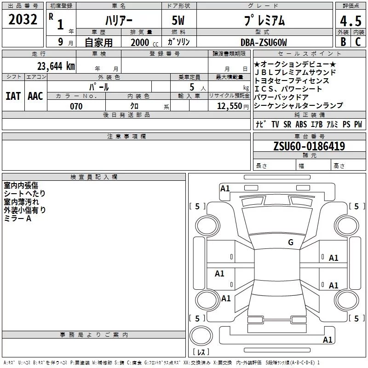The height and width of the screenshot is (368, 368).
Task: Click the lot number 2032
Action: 23,19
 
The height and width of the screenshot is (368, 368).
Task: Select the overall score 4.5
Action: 351,21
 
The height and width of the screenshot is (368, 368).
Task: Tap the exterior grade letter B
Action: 343,42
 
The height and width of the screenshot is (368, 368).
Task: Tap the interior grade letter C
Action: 358,42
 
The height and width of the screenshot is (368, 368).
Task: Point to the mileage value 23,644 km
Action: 56,66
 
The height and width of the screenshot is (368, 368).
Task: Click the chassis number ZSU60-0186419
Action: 309,146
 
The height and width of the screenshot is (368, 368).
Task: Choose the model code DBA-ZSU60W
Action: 264,42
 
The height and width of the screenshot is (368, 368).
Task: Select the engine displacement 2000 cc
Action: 144,42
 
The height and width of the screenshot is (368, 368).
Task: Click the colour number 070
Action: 76,106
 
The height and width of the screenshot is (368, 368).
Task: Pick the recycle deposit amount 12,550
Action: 229,106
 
